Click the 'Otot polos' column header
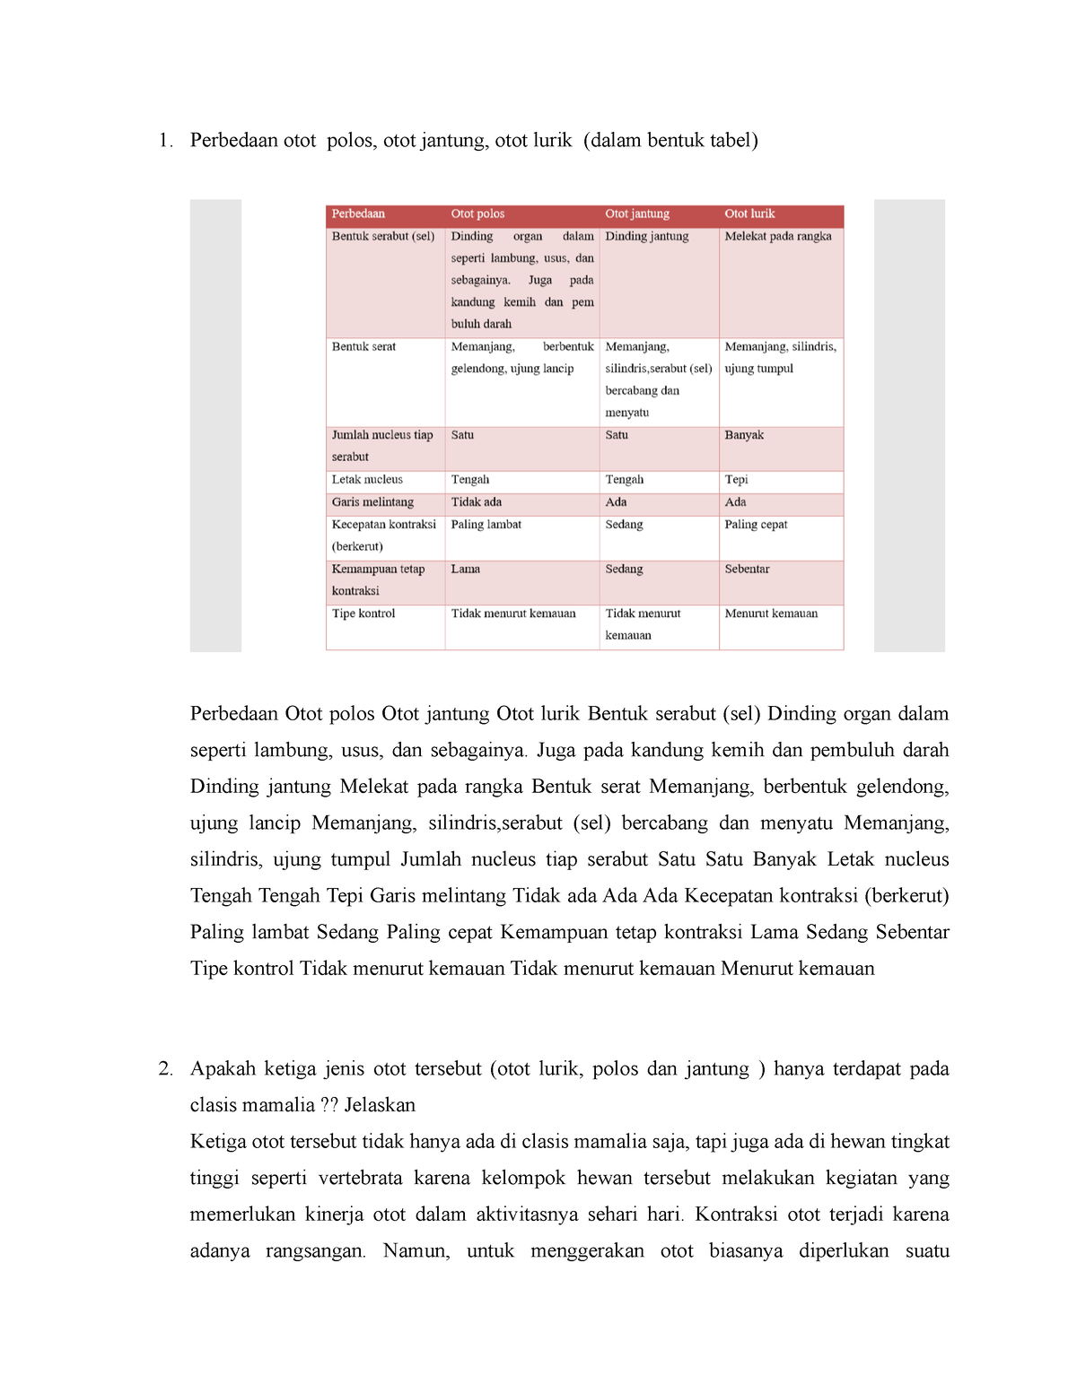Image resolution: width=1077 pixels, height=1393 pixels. click(477, 214)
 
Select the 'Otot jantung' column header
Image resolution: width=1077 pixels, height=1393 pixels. click(637, 214)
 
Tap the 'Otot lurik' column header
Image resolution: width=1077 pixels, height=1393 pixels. click(749, 214)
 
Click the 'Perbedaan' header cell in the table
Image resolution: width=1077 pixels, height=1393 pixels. click(358, 214)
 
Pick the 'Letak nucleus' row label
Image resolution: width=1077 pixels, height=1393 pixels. click(367, 480)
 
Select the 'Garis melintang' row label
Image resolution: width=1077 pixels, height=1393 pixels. click(372, 502)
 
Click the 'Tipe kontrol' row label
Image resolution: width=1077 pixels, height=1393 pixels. click(363, 614)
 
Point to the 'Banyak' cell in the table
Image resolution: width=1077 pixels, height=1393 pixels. click(744, 435)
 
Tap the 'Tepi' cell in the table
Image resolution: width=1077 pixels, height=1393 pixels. click(736, 480)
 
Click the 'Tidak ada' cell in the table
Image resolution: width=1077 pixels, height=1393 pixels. click(477, 502)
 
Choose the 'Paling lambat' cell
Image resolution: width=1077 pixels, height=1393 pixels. click(486, 525)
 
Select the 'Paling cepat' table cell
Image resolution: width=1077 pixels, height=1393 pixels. click(756, 525)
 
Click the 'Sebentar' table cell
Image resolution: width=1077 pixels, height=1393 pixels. click(747, 570)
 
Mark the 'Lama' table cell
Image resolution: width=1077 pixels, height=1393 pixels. click(465, 570)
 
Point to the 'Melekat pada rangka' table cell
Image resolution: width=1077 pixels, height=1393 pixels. click(778, 237)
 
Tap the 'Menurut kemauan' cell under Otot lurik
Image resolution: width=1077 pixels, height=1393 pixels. click(771, 614)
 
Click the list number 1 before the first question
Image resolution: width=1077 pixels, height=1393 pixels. click(164, 141)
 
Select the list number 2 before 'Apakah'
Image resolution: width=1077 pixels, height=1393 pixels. click(164, 1069)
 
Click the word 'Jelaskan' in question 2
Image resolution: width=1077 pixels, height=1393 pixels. click(380, 1106)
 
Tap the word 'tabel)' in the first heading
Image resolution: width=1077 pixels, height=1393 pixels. click(733, 141)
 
